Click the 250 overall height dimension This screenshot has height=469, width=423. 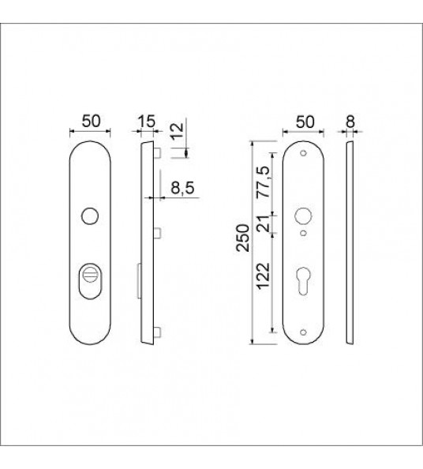242,238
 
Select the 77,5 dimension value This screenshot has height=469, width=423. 264,181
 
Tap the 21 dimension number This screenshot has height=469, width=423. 264,223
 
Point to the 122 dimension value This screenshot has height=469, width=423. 264,276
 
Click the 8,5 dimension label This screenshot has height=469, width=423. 182,188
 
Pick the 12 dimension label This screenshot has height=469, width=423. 178,129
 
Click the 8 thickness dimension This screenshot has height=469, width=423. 350,122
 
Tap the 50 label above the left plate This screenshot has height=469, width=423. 92,121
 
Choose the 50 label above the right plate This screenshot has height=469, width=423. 305,122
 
